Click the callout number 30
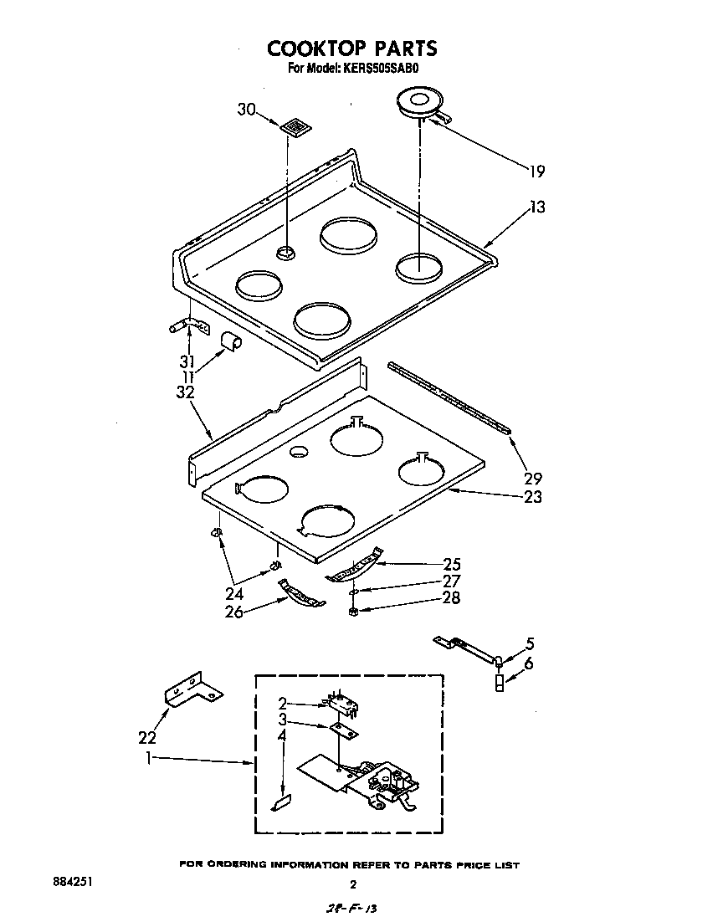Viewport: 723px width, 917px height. (x=245, y=110)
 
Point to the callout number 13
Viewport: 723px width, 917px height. (x=536, y=207)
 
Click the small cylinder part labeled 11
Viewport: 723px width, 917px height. (x=230, y=341)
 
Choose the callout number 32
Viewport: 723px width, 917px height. (x=185, y=391)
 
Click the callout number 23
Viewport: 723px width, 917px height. (x=533, y=496)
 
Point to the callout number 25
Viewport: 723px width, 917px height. (x=452, y=565)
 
